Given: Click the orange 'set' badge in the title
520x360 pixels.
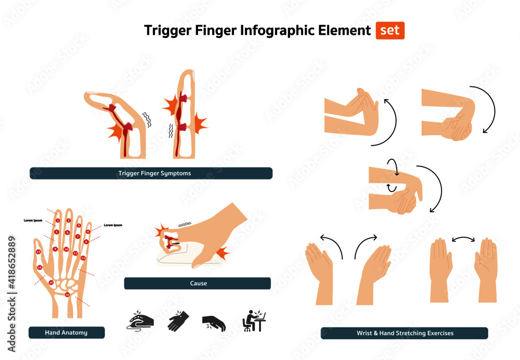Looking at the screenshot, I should [390, 31].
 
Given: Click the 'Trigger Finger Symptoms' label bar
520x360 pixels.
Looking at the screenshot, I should [151, 173].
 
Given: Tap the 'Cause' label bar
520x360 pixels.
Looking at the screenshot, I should [197, 283].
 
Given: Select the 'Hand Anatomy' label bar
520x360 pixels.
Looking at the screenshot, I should [67, 332].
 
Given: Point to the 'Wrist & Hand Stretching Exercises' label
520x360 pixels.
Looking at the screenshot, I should [404, 333].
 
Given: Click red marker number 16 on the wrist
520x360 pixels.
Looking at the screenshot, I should [67, 295].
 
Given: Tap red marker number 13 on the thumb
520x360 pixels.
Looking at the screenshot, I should [38, 252].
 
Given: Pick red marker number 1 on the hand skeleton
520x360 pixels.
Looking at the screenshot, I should [58, 221].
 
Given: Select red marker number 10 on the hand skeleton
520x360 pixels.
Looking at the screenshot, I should [66, 250].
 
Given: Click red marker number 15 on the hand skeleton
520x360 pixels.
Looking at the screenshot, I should [51, 282].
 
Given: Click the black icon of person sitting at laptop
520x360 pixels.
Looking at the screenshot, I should [255, 322].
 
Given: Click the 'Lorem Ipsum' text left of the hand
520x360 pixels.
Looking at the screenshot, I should [33, 221].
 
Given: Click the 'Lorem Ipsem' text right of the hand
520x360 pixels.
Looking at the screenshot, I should [113, 225].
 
